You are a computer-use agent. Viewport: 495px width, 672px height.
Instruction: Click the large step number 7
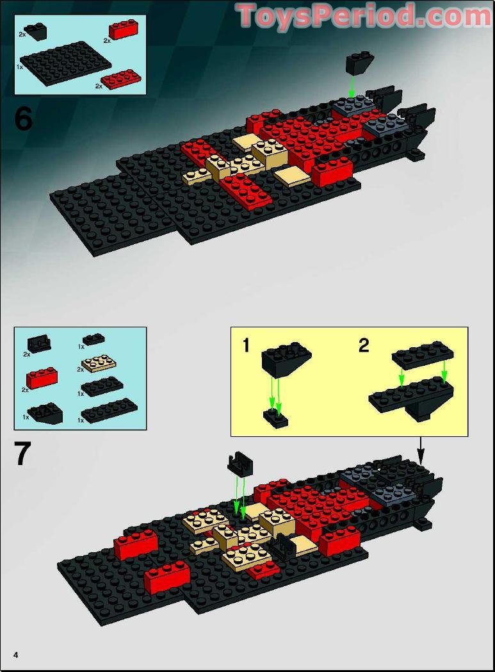click(x=23, y=454)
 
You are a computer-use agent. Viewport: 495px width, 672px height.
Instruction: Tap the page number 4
click(x=16, y=653)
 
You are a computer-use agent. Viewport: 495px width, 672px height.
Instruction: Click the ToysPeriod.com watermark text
click(x=364, y=16)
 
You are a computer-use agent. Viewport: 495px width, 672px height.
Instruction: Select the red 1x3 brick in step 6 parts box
click(x=124, y=30)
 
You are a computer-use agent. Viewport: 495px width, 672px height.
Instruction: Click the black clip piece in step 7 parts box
click(x=40, y=344)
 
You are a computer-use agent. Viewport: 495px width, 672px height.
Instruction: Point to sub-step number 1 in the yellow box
click(x=247, y=346)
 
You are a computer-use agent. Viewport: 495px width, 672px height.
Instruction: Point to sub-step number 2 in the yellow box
click(x=364, y=346)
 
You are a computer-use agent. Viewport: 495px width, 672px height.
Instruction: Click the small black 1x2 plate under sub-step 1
click(x=276, y=419)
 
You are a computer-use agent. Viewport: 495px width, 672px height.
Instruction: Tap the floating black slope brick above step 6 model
click(x=360, y=63)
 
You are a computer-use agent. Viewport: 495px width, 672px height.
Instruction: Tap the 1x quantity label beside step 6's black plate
click(x=20, y=67)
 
